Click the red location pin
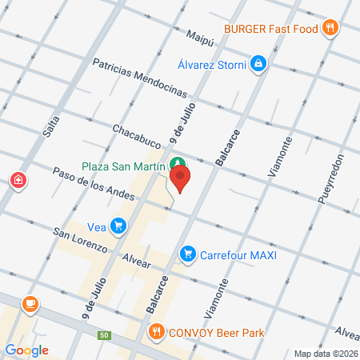point(181,177)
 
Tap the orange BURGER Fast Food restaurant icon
point(330,30)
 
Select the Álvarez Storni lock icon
point(258,64)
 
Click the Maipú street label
point(202,35)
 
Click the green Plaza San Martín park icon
point(175,166)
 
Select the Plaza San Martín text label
point(123,166)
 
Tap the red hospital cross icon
point(18,181)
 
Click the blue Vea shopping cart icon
point(118,226)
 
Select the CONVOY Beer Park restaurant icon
point(156,331)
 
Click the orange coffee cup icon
point(30,304)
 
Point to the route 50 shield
point(103,334)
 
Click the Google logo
point(26,350)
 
